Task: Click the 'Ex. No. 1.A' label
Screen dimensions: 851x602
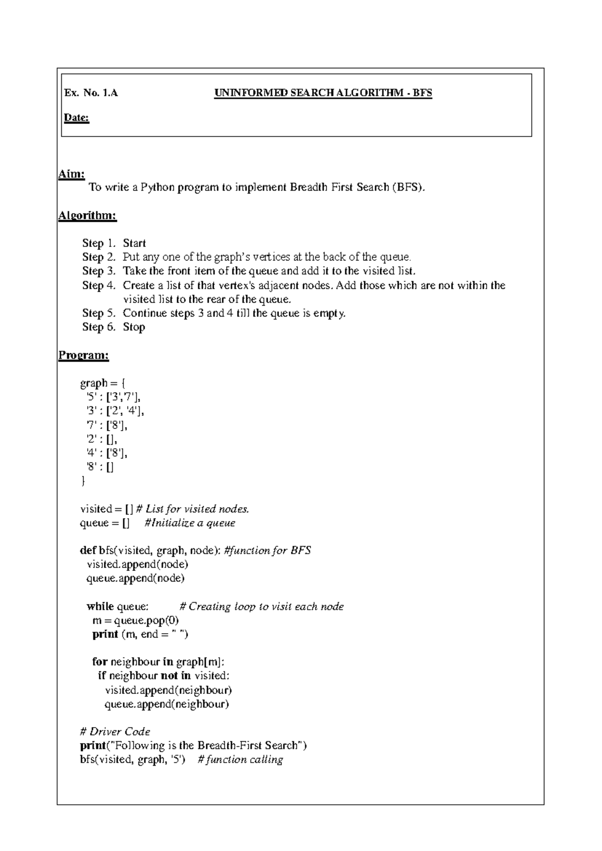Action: [x=91, y=93]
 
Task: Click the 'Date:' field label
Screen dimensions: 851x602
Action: [x=76, y=118]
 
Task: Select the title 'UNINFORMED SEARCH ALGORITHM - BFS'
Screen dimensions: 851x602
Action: [x=323, y=93]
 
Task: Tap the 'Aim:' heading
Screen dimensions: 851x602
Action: [x=71, y=174]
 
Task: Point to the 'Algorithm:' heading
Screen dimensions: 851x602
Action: [x=87, y=216]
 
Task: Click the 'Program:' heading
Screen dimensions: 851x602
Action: [x=83, y=355]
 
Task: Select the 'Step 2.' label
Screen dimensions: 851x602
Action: [x=99, y=257]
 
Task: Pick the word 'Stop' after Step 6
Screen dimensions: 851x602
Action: [x=134, y=327]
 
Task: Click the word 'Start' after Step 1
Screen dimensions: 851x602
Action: [x=134, y=243]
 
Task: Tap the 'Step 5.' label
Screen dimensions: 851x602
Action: [x=99, y=313]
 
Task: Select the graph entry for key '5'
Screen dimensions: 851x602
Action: [x=113, y=397]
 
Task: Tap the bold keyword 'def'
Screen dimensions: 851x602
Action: [x=88, y=550]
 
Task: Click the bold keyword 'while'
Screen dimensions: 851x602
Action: [x=100, y=607]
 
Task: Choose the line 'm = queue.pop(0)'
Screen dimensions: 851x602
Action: [x=135, y=621]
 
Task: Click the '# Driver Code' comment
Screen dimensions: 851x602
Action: [x=115, y=732]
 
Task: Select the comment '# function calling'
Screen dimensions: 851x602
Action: [x=240, y=760]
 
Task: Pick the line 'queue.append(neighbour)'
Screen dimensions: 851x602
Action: [x=167, y=704]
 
